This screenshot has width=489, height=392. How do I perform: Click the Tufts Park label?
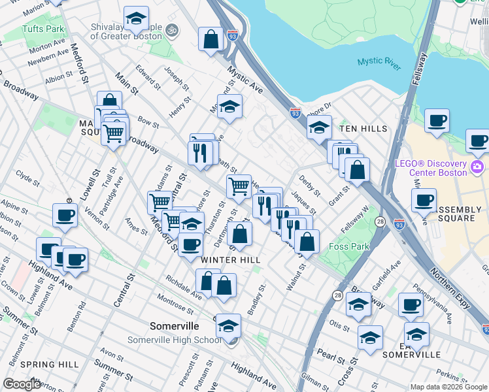click(x=43, y=29)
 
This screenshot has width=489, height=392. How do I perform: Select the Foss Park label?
click(x=349, y=246)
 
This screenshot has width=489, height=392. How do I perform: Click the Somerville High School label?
click(x=183, y=340)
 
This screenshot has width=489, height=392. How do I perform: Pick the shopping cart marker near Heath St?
click(x=239, y=186)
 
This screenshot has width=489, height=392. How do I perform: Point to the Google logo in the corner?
click(x=22, y=384)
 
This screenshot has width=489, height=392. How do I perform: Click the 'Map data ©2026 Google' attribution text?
click(x=448, y=387)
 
